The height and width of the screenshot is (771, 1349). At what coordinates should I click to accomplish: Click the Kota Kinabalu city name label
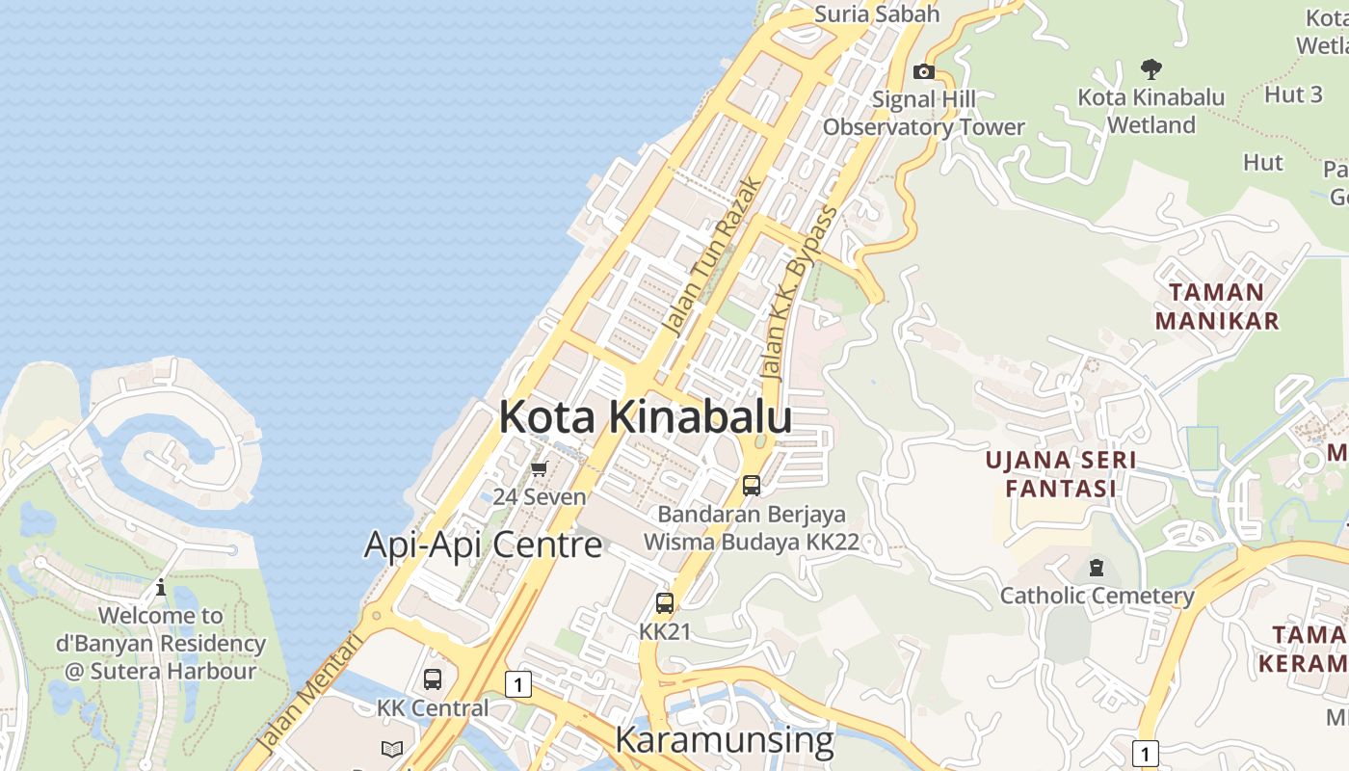(645, 417)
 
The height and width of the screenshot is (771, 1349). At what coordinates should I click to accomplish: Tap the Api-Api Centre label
(483, 545)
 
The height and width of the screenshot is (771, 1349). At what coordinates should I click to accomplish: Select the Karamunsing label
(724, 740)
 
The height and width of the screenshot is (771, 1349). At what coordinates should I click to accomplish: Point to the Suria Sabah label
(876, 13)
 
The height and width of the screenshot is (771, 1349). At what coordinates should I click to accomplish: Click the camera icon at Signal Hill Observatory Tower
(923, 71)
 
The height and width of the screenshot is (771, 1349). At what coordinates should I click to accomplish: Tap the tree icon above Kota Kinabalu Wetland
(1151, 68)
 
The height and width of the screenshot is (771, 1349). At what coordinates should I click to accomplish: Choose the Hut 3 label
(1293, 94)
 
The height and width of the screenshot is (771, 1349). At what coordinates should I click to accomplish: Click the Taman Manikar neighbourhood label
(1216, 306)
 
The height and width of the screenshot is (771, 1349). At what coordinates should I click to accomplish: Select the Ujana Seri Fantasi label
(1060, 474)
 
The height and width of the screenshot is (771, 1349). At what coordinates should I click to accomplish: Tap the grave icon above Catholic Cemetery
(1096, 567)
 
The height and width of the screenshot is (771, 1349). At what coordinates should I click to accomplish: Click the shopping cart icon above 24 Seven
(539, 469)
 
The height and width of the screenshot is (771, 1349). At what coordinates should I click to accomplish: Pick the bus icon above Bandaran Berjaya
(752, 485)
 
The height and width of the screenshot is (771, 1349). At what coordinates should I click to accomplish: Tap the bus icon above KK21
(665, 603)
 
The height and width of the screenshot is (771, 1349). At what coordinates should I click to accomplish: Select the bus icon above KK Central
(433, 678)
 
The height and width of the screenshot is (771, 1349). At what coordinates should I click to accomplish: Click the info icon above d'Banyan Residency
(161, 587)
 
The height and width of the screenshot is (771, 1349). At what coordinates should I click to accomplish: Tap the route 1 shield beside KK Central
(518, 685)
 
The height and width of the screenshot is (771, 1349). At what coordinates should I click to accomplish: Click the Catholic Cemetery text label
(1097, 596)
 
